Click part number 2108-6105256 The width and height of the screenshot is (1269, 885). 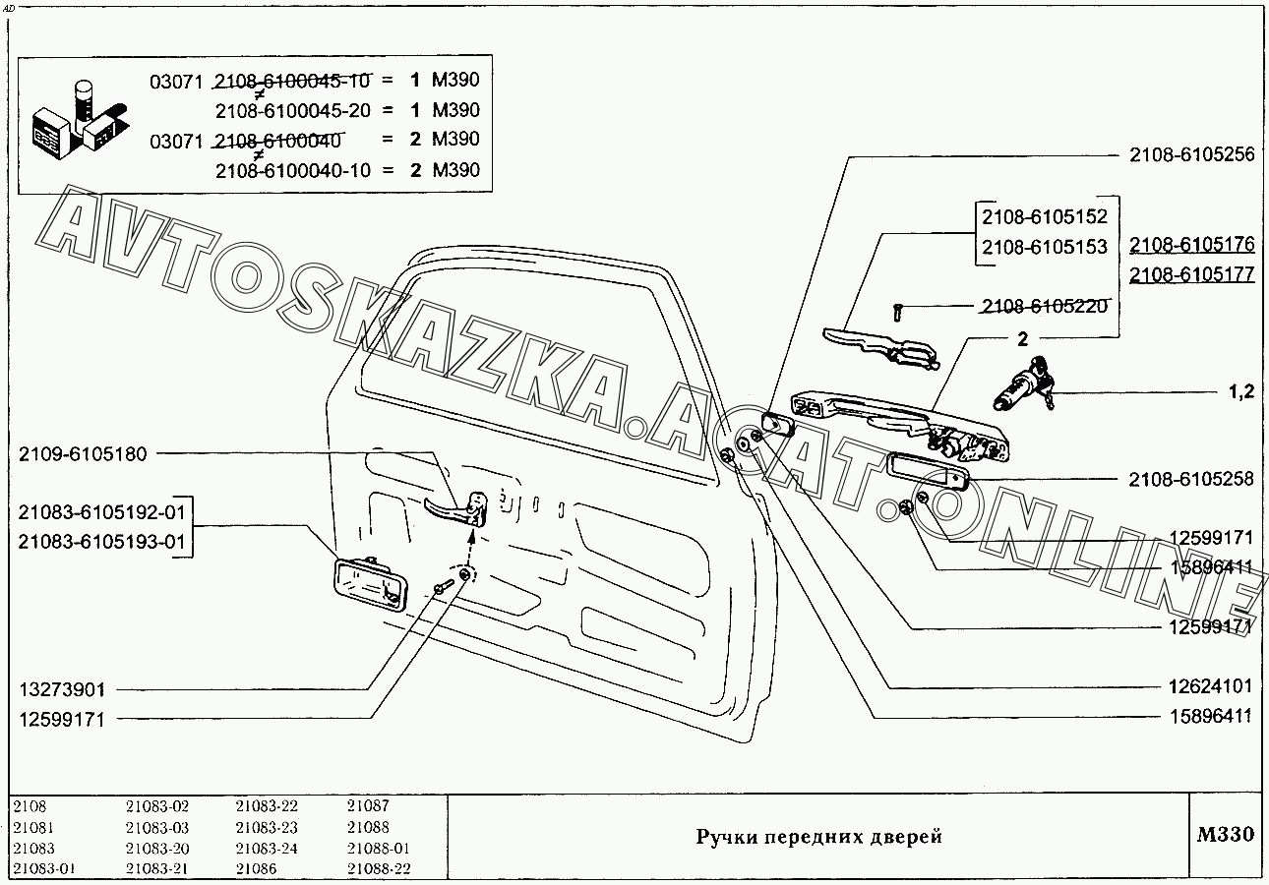pos(1191,154)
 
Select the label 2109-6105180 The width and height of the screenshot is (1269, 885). pos(83,454)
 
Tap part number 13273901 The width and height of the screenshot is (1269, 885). pos(62,689)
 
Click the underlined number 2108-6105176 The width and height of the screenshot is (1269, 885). pos(1191,245)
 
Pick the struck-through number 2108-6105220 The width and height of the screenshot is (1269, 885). pos(1045,306)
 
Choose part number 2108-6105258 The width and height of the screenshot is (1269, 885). pos(1191,479)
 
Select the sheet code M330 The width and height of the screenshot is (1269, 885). pos(1226,835)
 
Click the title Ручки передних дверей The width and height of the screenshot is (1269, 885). pos(819,837)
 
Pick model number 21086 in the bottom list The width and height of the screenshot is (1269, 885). pos(256,869)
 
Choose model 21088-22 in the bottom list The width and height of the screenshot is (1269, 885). pos(379,869)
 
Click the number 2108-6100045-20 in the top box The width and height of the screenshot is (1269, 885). pos(292,110)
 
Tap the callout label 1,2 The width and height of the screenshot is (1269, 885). pos(1240,392)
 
